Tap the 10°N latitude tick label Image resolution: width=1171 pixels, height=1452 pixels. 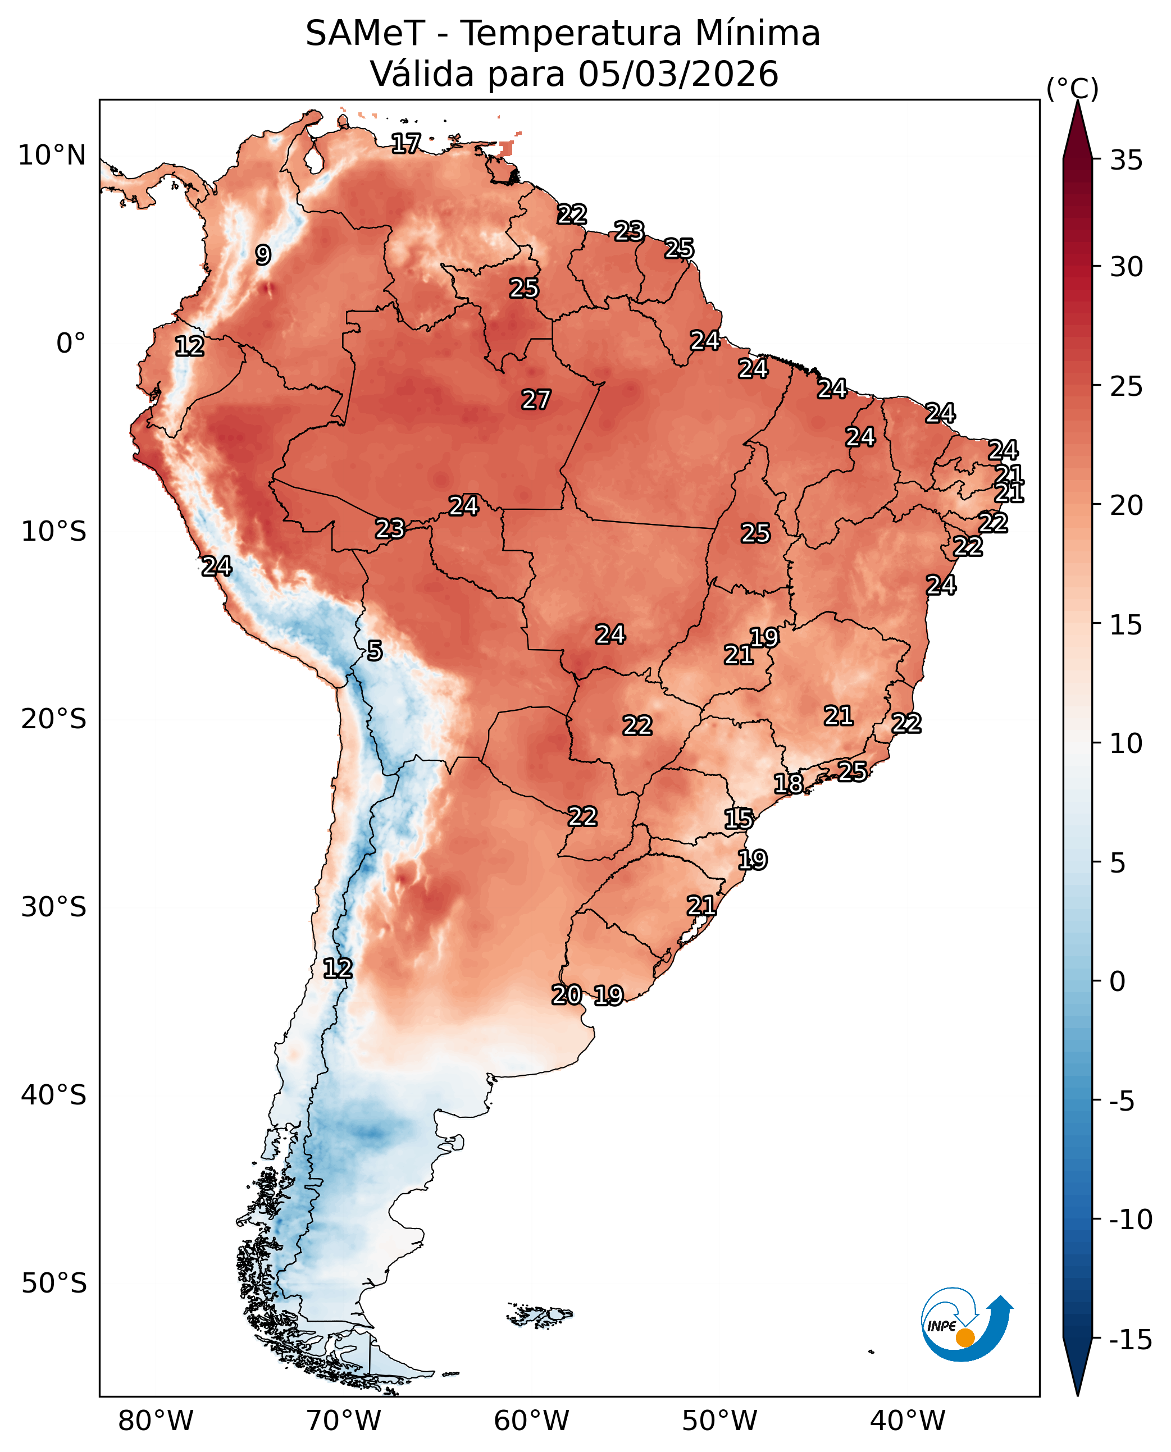coord(52,156)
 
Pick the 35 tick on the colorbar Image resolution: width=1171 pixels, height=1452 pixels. coord(1126,161)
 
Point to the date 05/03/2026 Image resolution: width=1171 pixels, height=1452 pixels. coord(678,74)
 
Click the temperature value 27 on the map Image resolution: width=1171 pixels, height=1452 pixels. coord(536,399)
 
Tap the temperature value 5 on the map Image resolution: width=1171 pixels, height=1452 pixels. coord(375,651)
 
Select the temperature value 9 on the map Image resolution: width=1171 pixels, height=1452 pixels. coord(263,255)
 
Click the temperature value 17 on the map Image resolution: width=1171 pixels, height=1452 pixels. coord(406,143)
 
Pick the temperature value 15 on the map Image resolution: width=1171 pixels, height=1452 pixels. coord(739,819)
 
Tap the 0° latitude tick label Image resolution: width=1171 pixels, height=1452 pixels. coord(71,343)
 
